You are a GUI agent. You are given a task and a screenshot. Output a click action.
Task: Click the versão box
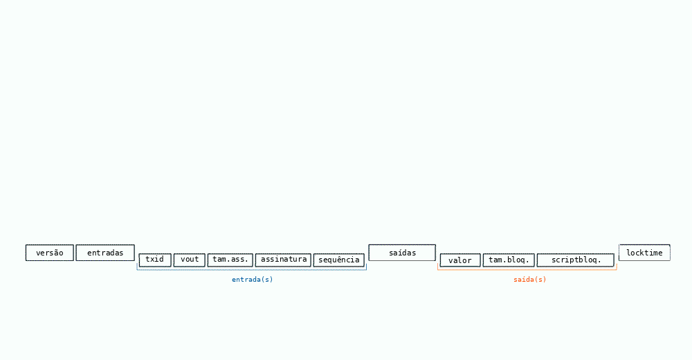coord(49,253)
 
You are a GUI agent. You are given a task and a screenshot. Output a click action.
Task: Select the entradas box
coord(105,253)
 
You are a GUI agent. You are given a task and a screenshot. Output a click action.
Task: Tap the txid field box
coord(155,260)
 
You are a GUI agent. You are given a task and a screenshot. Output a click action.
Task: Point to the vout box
coord(190,260)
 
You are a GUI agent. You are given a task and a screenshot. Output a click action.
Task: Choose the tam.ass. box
coord(230,260)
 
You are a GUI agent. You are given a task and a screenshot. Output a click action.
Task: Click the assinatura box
coord(283,260)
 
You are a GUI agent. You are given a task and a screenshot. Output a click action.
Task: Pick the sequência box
coord(339,260)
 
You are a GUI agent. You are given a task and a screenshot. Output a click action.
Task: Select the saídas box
coord(402,253)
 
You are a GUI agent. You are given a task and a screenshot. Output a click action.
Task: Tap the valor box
coord(460,260)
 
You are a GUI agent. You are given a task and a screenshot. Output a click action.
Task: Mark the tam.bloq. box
coord(509,260)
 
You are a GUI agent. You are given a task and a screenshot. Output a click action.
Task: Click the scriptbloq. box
coord(576,260)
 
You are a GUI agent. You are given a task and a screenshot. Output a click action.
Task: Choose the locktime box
coord(644,253)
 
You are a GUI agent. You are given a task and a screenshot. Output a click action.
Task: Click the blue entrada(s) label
coord(253,280)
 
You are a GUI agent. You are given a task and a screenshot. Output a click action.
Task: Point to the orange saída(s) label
coord(529,280)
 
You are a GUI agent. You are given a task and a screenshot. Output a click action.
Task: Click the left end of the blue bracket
coord(137,264)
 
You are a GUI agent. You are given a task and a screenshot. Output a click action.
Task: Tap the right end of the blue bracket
coord(366,264)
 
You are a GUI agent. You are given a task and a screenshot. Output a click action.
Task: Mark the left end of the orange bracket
coord(438,264)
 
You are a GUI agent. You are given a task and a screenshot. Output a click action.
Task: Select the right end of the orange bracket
coord(617,264)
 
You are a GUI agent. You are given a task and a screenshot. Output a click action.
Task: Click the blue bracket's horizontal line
coord(252,270)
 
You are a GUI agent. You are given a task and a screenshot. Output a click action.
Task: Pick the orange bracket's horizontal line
coord(527,269)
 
